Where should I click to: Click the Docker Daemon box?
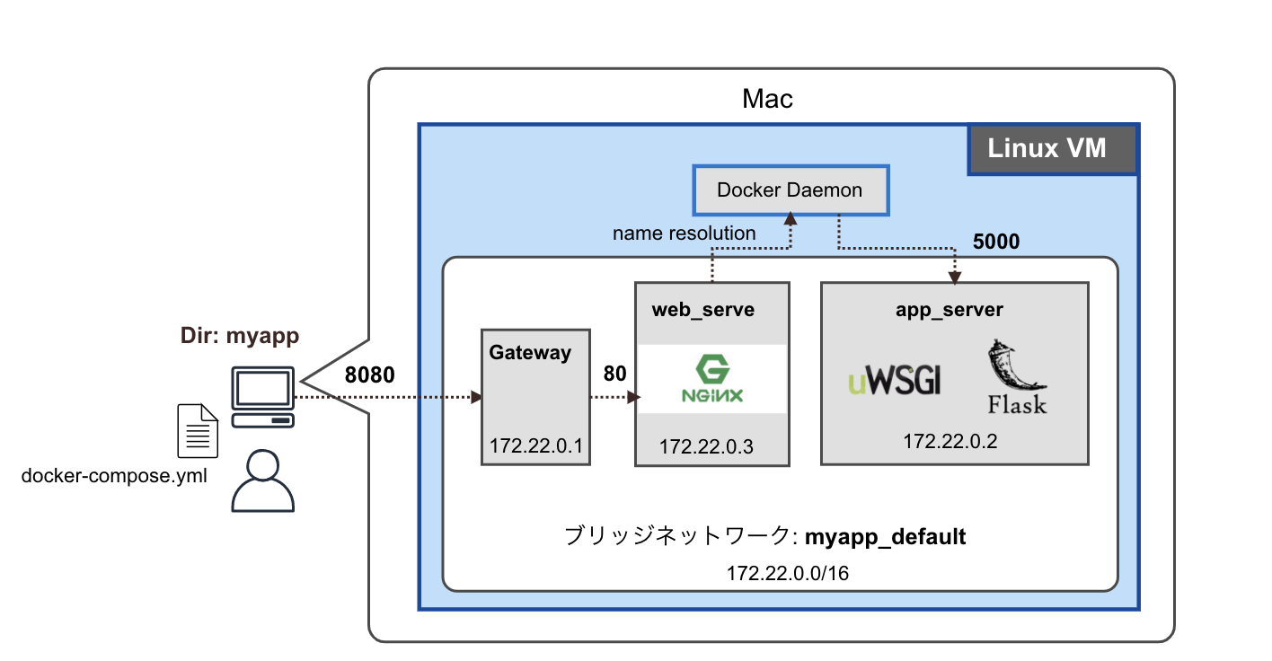pyautogui.click(x=790, y=189)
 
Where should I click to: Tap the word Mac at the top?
pyautogui.click(x=768, y=99)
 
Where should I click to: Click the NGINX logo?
pyautogui.click(x=711, y=379)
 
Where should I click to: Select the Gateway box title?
pyautogui.click(x=530, y=353)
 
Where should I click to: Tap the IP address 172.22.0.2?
pyautogui.click(x=950, y=441)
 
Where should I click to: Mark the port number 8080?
pyautogui.click(x=370, y=375)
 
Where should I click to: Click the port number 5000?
pyautogui.click(x=997, y=242)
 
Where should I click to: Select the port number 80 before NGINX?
pyautogui.click(x=614, y=373)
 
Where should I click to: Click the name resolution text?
pyautogui.click(x=684, y=234)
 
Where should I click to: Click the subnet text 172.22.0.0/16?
pyautogui.click(x=787, y=572)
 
